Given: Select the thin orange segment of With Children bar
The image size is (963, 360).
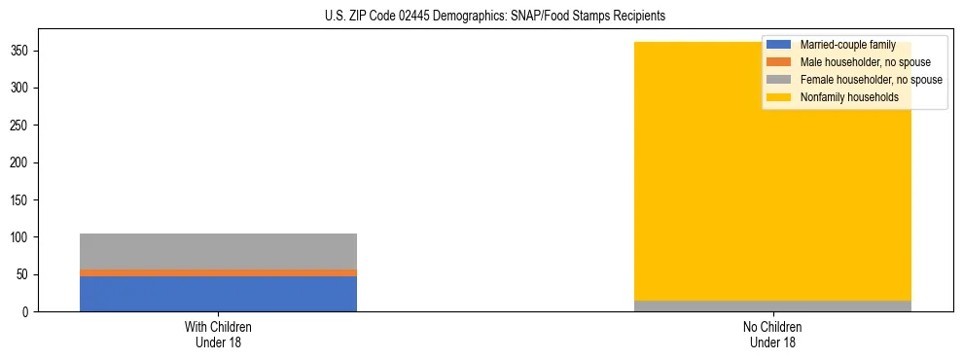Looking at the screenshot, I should click(218, 272).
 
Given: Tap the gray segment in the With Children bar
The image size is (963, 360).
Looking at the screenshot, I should click(218, 251).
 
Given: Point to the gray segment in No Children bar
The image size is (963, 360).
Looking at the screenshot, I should click(772, 306).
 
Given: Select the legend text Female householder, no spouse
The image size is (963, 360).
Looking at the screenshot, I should click(871, 80).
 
